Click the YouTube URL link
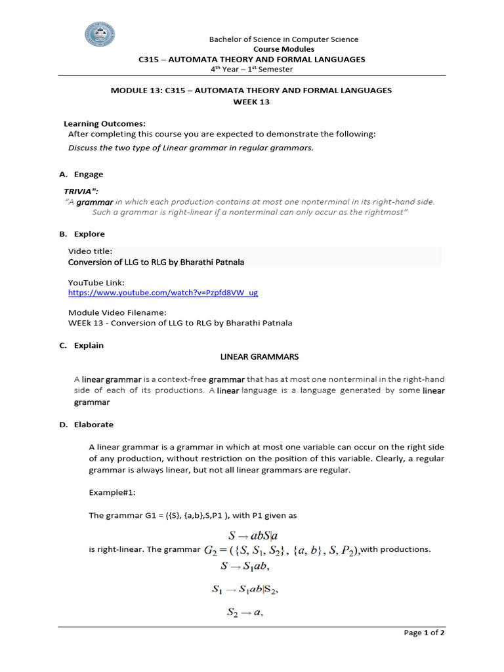[x=163, y=293]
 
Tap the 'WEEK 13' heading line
[x=251, y=102]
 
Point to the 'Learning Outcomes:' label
[x=104, y=123]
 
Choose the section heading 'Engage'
[x=88, y=175]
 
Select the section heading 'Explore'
[x=89, y=234]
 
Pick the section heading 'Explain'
[x=89, y=345]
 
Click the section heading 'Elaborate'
[x=93, y=425]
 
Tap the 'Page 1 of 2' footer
[x=425, y=633]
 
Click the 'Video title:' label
[x=91, y=251]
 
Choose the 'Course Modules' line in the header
[x=283, y=49]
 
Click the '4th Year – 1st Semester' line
[x=251, y=69]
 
